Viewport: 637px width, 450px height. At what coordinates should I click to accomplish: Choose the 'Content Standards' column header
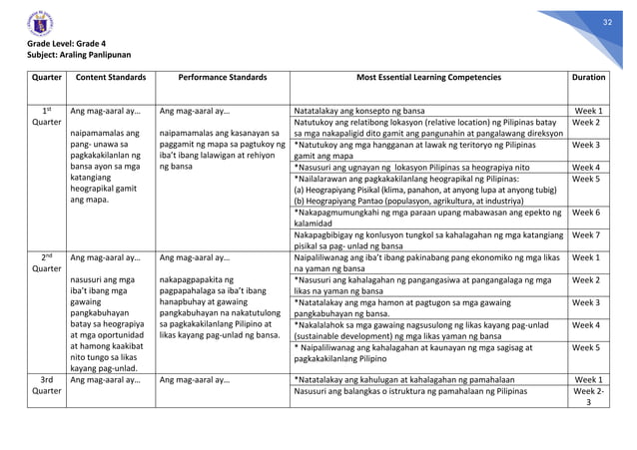pos(111,77)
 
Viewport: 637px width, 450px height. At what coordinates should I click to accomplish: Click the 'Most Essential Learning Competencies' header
pos(425,77)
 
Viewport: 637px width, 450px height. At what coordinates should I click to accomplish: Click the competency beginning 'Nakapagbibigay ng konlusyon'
pos(425,237)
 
